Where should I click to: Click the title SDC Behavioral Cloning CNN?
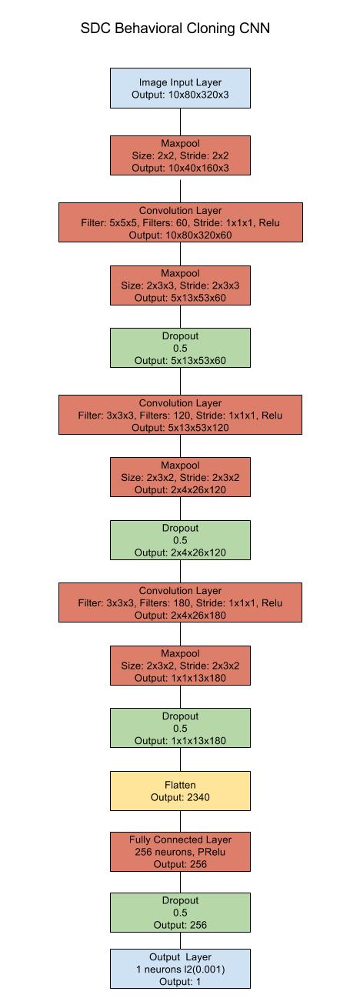[x=175, y=29]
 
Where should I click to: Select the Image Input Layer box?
[x=180, y=88]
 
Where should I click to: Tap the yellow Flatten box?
[x=180, y=791]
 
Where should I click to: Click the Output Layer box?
[x=180, y=968]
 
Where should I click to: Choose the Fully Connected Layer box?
[x=180, y=851]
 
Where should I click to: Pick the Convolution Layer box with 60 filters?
[x=180, y=222]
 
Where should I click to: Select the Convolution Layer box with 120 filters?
[x=180, y=415]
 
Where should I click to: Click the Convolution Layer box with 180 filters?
[x=180, y=602]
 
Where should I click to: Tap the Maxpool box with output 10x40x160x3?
[x=180, y=155]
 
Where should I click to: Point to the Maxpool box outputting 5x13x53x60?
[x=180, y=285]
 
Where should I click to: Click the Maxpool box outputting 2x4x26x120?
[x=180, y=477]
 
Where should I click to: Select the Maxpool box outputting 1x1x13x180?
[x=180, y=666]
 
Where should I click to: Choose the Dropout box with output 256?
[x=180, y=912]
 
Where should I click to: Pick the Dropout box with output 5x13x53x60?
[x=180, y=348]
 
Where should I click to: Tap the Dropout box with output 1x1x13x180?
[x=180, y=728]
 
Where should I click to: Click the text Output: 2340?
[x=180, y=798]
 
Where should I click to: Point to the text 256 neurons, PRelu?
[x=180, y=851]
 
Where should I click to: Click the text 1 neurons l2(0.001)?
[x=180, y=969]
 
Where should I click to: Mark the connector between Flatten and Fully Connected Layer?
[x=180, y=821]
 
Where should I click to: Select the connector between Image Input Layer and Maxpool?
[x=180, y=122]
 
